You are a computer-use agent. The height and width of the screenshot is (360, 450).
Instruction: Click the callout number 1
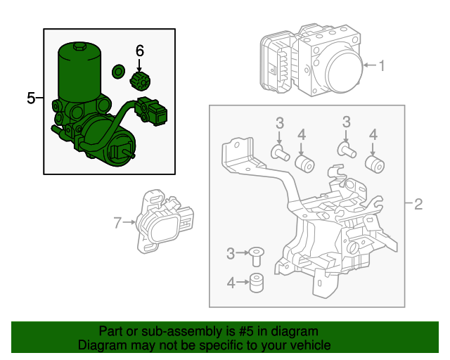[x=382, y=66]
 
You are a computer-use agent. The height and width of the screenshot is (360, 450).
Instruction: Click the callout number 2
[x=418, y=205]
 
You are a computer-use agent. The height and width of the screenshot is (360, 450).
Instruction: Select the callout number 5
[x=31, y=98]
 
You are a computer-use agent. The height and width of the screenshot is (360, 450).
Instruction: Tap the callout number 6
[x=139, y=50]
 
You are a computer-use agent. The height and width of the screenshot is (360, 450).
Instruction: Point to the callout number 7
[x=117, y=223]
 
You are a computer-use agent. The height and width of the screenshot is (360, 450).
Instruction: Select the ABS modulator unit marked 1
[x=313, y=63]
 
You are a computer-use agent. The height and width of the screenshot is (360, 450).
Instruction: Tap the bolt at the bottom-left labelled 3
[x=255, y=257]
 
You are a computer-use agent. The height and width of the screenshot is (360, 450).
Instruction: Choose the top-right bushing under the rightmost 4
[x=375, y=164]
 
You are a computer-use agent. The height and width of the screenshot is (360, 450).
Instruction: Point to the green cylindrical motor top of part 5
[x=78, y=70]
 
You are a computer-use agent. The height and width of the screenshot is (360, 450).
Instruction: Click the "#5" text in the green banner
[x=236, y=331]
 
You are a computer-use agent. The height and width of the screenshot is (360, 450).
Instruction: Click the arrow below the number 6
[x=139, y=63]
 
